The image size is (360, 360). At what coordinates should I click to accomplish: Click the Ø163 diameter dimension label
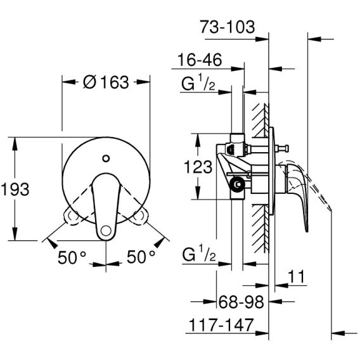106,82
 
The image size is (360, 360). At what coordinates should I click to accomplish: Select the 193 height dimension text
15,189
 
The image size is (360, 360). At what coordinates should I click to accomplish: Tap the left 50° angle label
72,257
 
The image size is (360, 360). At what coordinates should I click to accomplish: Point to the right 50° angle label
141,257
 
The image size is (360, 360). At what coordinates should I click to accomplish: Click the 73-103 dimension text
228,27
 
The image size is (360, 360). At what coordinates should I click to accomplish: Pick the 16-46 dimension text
200,60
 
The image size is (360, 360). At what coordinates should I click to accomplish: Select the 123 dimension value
198,167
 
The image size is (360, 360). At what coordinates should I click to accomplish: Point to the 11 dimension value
296,276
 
